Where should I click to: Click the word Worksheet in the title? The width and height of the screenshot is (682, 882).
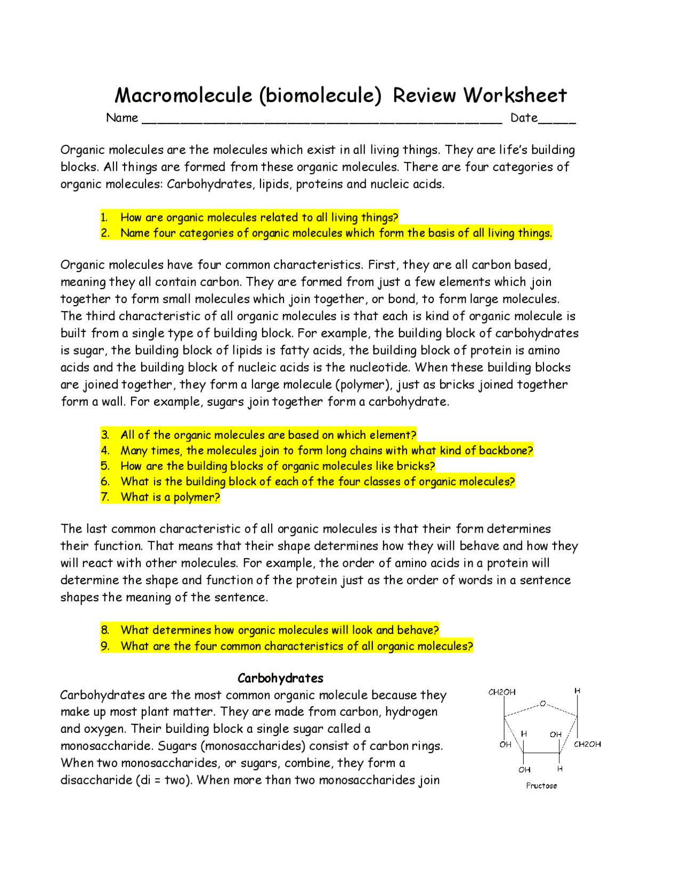[x=515, y=95]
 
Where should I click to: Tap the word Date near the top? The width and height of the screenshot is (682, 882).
[x=524, y=118]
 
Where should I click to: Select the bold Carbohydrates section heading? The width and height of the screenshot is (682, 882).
[x=280, y=678]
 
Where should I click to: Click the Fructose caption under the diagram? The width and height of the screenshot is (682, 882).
[x=541, y=786]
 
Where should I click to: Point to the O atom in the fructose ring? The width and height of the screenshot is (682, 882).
[x=543, y=704]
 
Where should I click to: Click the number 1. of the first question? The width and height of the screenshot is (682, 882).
[x=104, y=217]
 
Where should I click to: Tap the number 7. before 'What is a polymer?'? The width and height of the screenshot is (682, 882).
[x=105, y=497]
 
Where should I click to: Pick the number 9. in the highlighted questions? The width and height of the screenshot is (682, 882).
[x=105, y=646]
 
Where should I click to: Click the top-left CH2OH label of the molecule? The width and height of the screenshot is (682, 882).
[x=502, y=692]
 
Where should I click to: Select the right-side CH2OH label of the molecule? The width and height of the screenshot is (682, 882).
[x=587, y=744]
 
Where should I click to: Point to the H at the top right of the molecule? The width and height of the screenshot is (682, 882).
[x=577, y=691]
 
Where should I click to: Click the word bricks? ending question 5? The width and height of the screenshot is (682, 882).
[x=416, y=466]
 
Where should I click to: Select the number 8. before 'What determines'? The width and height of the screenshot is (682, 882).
[x=105, y=630]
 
